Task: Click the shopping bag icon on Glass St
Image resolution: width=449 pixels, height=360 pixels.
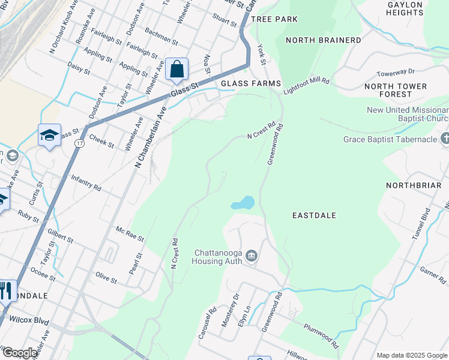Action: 177,70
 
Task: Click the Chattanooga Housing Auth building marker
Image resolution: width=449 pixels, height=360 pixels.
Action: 252,256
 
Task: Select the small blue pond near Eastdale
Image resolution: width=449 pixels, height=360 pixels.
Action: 243,203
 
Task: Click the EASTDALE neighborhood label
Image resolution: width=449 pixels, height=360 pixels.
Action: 314,215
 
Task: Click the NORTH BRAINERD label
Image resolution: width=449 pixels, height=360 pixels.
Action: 324,40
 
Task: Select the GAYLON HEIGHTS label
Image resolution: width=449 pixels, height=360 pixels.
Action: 406,8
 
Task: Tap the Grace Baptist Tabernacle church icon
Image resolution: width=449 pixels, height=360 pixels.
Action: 445,139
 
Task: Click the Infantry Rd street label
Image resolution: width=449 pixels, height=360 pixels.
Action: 86,183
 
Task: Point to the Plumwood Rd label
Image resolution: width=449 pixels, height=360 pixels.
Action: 321,338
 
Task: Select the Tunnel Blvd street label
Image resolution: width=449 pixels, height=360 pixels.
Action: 426,223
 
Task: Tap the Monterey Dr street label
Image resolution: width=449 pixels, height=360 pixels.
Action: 230,310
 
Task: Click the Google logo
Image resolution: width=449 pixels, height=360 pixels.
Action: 19,353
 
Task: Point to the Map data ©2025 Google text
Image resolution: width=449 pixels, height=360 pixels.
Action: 411,355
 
